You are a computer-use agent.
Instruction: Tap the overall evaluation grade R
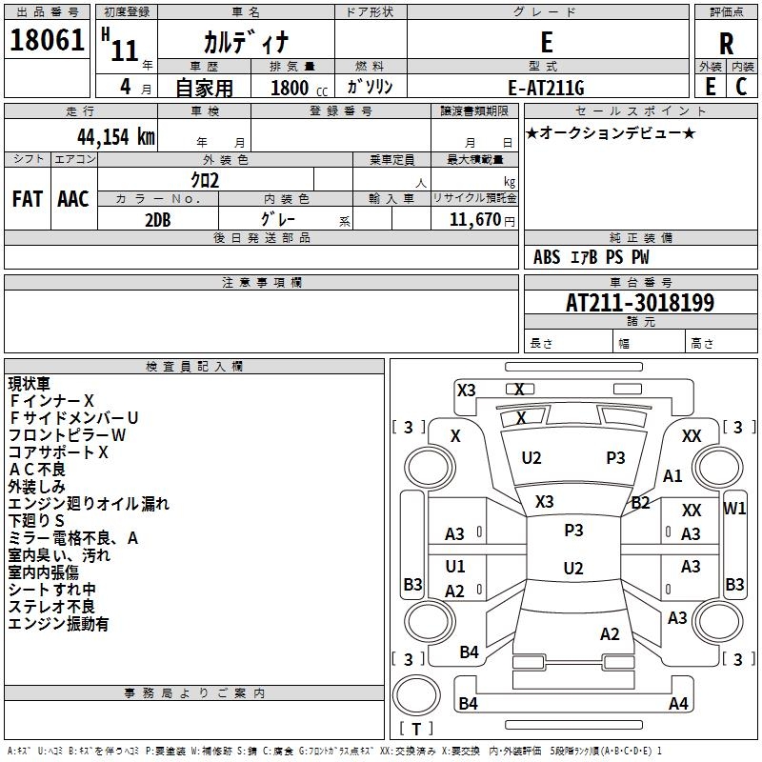[726, 44]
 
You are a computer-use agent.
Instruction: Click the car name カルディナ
[245, 43]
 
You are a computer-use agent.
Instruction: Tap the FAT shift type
[27, 198]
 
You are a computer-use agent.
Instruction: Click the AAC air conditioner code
[73, 198]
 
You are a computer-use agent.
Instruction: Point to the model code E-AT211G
[546, 88]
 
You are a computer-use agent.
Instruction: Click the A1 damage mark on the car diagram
[673, 476]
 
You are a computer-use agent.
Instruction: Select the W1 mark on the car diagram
[734, 508]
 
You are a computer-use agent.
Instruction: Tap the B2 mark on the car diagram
[641, 503]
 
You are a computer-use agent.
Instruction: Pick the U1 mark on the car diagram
[455, 567]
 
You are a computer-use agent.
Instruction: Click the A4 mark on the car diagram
[678, 704]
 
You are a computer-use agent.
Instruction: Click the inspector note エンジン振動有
[58, 624]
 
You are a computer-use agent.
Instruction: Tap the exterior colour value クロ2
[206, 180]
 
